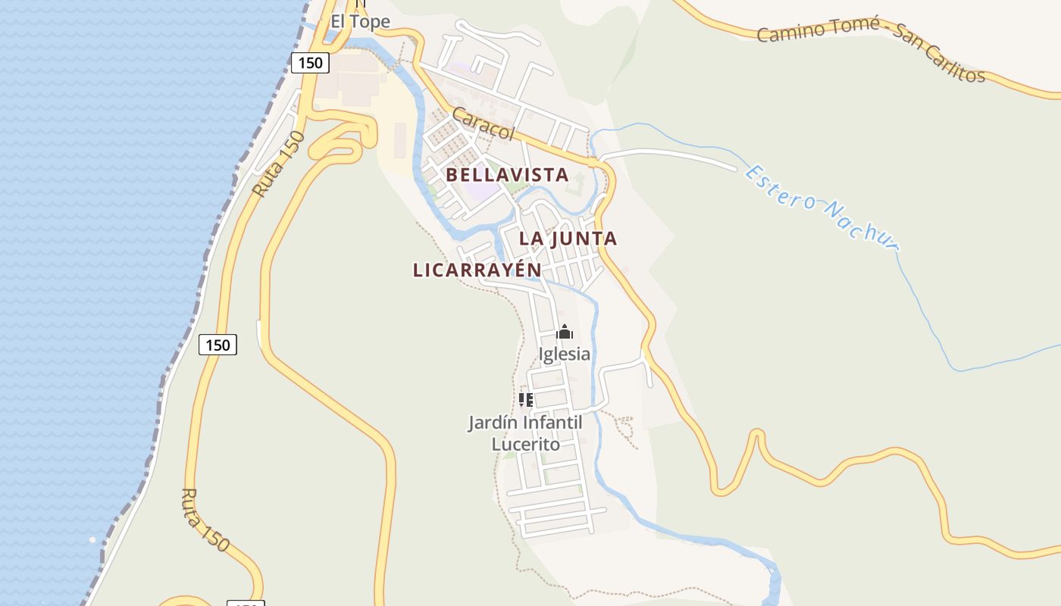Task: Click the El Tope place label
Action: pos(360,21)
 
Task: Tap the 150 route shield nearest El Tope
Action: pos(311,63)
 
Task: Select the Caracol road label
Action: pos(484,123)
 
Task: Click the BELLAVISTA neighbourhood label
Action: pos(507,175)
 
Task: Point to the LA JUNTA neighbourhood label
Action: pos(568,239)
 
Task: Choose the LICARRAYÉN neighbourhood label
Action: pos(477,270)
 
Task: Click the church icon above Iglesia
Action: pos(565,332)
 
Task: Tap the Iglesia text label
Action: pos(564,354)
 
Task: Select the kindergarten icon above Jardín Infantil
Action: pos(526,399)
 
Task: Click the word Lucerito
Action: pos(526,444)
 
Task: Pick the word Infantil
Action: pos(552,423)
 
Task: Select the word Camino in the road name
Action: pos(790,32)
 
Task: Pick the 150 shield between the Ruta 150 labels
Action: pos(218,345)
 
